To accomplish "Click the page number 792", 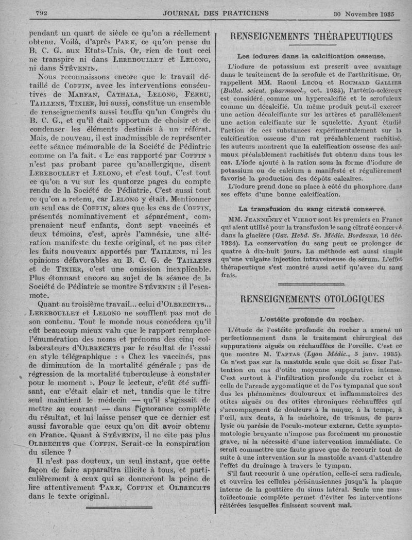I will point(41,14).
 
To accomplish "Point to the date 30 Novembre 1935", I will point(363,14).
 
